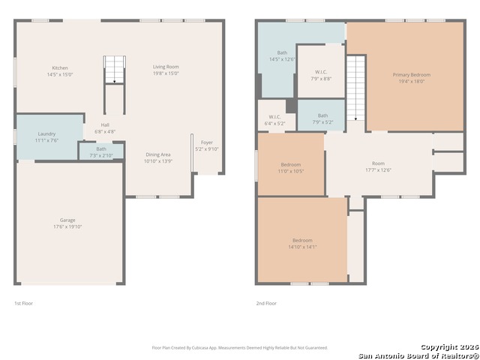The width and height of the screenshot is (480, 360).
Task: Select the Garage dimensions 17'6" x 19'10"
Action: tap(67, 226)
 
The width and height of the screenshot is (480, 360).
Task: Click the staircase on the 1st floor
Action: tap(114, 70)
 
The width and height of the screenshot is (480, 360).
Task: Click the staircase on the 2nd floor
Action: tap(355, 88)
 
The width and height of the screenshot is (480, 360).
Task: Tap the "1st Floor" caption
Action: tap(23, 303)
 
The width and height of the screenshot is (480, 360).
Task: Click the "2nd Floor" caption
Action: tap(266, 303)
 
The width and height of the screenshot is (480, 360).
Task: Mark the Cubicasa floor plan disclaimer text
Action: tap(239, 347)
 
